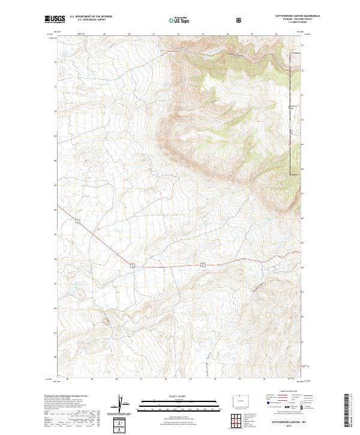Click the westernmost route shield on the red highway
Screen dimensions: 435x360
[77, 221]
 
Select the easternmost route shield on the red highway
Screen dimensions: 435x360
[203, 263]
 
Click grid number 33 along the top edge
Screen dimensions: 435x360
[203, 34]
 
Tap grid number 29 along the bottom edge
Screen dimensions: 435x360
[92, 379]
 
